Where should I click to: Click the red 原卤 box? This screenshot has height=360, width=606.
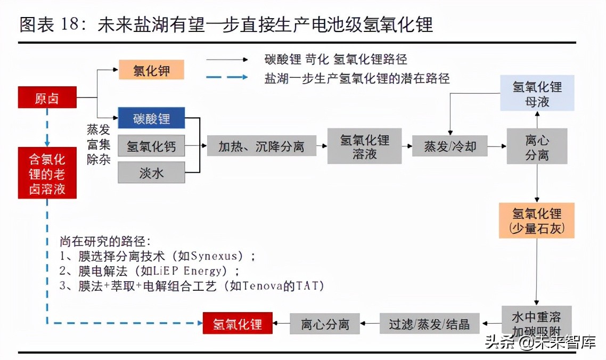[47, 98]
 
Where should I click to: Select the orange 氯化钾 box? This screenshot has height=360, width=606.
[151, 70]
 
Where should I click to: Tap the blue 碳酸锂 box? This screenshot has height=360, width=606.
[151, 118]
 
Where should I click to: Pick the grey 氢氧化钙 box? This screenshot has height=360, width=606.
[151, 145]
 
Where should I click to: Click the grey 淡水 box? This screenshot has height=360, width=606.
[151, 173]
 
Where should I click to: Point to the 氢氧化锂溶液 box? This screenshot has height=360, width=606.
[364, 146]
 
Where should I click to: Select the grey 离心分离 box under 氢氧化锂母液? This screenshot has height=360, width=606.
[537, 146]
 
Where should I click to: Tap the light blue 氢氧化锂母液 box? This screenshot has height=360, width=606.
[537, 93]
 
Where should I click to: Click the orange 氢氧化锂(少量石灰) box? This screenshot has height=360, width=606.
[537, 220]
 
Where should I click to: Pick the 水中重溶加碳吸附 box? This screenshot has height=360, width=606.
[537, 321]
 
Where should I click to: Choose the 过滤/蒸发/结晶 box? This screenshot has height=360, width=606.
[429, 324]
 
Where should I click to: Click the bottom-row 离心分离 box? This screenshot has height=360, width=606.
[325, 324]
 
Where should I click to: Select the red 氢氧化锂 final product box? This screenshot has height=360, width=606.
[238, 324]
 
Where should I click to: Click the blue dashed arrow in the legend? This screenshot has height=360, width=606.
[227, 78]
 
